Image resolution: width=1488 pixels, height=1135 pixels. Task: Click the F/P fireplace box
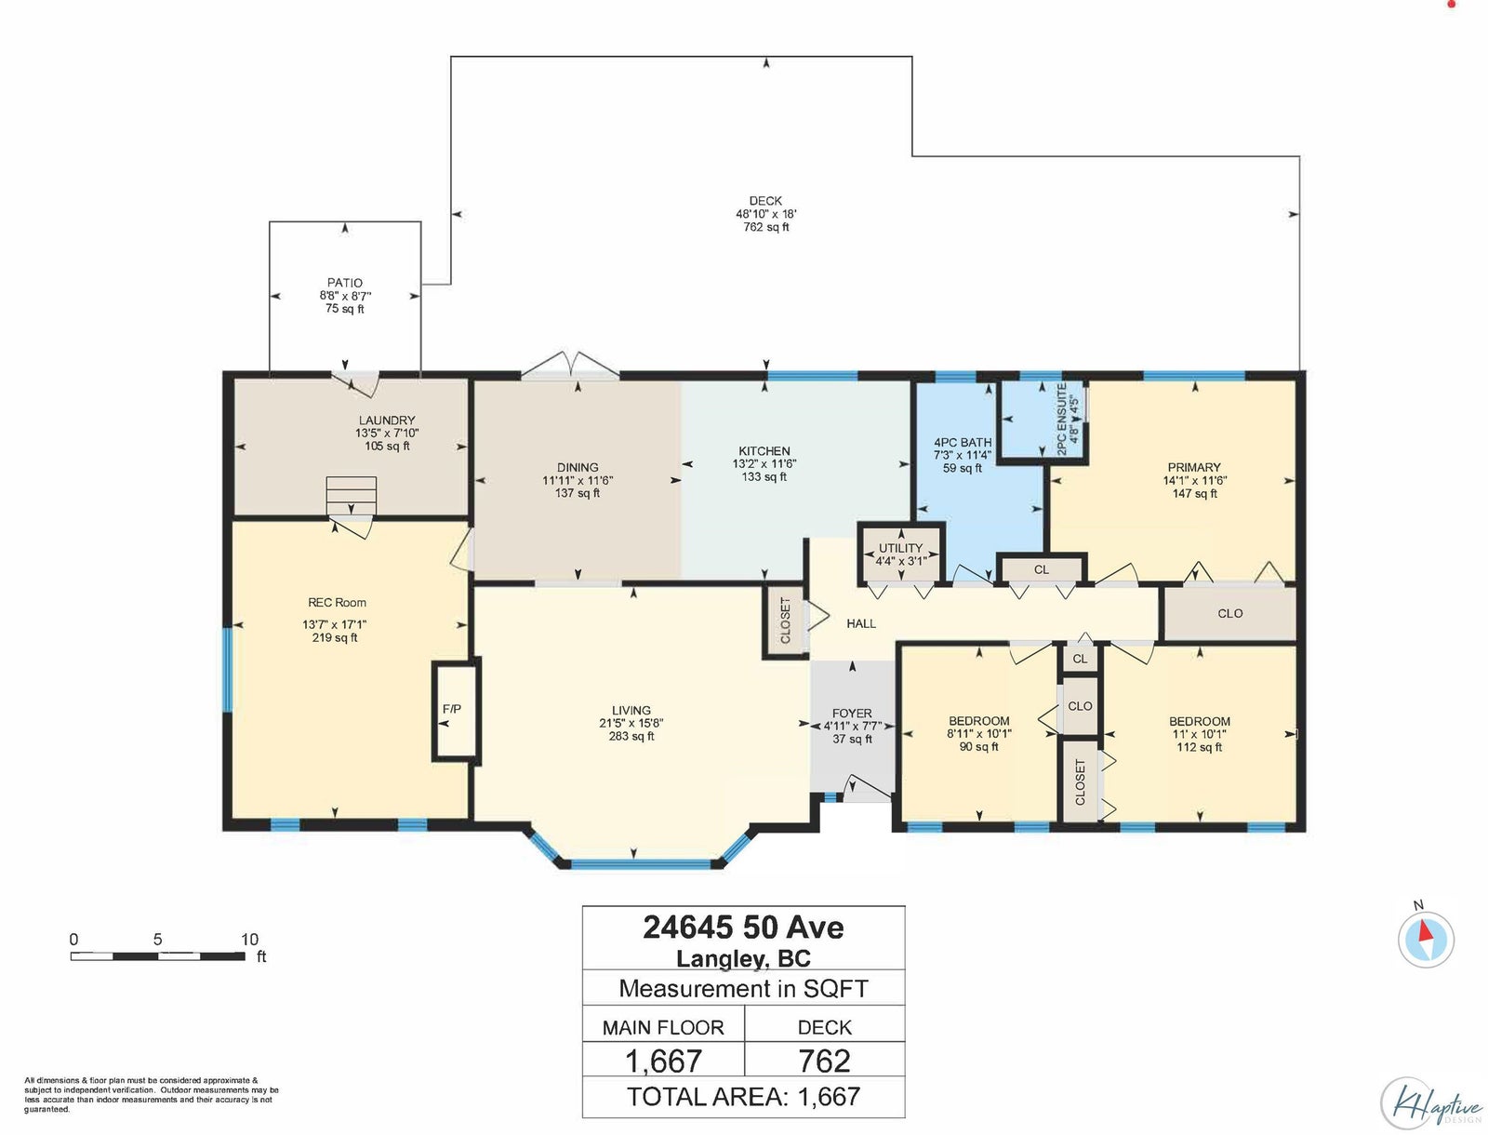457,710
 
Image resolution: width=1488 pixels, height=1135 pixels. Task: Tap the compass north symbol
1426,940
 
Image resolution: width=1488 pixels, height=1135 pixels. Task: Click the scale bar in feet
158,956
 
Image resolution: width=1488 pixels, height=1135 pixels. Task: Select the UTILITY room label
900,548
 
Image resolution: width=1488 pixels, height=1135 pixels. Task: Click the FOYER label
852,714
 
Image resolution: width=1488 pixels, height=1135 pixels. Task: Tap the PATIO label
345,283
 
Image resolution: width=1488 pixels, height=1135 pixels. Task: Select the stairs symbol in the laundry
352,496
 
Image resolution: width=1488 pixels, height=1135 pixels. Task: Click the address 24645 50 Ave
744,928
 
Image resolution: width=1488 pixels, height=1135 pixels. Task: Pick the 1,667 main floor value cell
663,1060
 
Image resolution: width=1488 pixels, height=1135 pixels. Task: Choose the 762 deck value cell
824,1060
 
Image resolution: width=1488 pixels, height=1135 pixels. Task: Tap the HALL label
861,623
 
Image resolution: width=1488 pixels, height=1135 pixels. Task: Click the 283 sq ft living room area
631,736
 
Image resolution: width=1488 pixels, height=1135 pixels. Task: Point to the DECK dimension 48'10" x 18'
766,214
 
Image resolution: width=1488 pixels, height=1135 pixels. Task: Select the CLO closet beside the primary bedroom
1230,614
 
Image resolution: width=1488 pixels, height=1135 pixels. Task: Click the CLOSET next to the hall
785,621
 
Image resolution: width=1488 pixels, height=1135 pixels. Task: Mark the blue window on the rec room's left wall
228,670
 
